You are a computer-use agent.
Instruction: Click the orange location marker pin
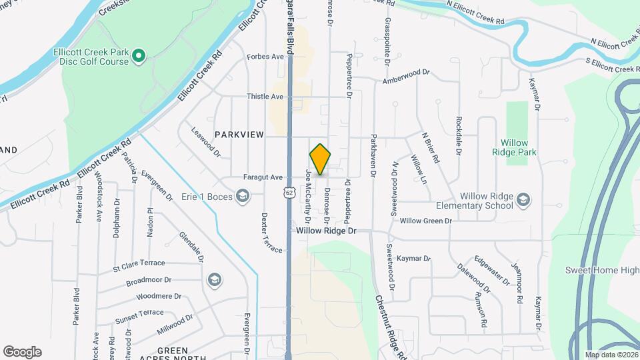pyautogui.click(x=321, y=159)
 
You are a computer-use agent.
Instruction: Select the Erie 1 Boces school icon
pyautogui.click(x=243, y=196)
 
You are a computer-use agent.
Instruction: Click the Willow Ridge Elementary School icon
pyautogui.click(x=524, y=199)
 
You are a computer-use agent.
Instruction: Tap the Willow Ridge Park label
pyautogui.click(x=514, y=147)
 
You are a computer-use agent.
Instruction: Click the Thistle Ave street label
pyautogui.click(x=265, y=97)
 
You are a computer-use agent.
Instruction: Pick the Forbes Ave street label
pyautogui.click(x=265, y=57)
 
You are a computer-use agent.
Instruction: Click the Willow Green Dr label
pyautogui.click(x=425, y=221)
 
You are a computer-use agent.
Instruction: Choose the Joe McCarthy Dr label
pyautogui.click(x=309, y=196)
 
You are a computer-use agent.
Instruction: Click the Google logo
pyautogui.click(x=22, y=351)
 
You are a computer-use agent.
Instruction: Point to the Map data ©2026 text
pyautogui.click(x=611, y=355)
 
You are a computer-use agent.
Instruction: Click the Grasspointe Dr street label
pyautogui.click(x=387, y=41)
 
